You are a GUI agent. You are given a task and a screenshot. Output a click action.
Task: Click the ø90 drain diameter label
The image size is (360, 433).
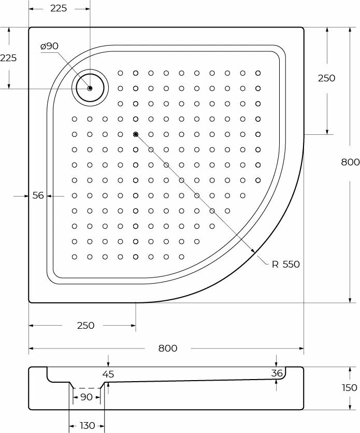coord(49,47)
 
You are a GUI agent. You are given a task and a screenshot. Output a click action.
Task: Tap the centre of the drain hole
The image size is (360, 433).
coord(90,88)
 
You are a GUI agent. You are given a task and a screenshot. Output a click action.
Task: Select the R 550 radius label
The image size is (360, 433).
coord(286,264)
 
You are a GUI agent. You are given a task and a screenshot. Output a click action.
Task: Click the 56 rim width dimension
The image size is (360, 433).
coord(38,195)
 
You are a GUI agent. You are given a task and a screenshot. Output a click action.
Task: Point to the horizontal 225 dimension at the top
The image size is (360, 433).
coord(59,8)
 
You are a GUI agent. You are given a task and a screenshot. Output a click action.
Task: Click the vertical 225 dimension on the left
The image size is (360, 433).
coord(8,58)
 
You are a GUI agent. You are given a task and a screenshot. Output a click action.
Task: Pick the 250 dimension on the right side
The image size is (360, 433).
coord(326,78)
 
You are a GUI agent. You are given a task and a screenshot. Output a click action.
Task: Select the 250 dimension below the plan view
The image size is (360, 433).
coord(85,326)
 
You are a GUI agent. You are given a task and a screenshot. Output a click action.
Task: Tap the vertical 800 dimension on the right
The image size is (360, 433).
coord(350,162)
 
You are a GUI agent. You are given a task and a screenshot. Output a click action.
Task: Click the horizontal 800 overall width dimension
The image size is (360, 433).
coord(167,348)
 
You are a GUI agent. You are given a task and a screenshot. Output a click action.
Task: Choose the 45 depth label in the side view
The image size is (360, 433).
coord(108,374)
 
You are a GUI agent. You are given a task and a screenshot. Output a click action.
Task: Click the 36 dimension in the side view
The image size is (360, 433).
coord(277,373)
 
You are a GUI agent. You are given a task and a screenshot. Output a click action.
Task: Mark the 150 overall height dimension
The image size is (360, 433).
coord(350,388)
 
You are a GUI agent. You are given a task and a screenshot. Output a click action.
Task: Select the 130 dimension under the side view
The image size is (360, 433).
coord(87,426)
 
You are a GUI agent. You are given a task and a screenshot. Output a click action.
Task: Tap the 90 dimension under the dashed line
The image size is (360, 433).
coord(87,398)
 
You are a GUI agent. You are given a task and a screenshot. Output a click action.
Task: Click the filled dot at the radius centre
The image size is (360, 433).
coord(136,134)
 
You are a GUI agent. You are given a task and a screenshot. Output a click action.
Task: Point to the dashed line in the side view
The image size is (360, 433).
coord(88,388)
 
